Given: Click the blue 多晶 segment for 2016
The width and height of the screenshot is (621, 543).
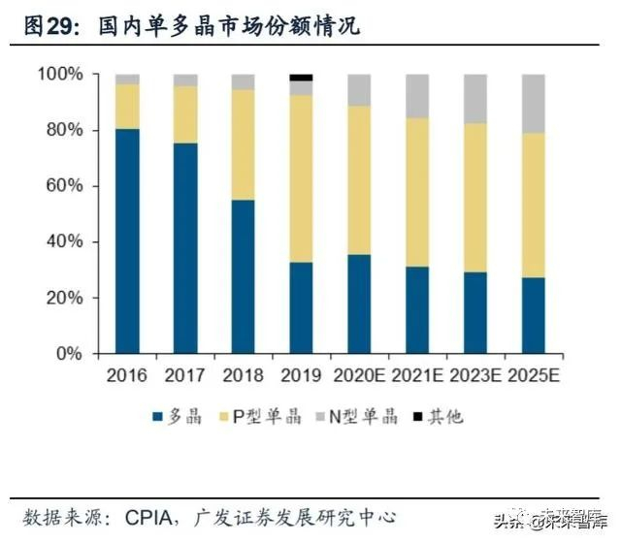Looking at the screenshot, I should tap(127, 240).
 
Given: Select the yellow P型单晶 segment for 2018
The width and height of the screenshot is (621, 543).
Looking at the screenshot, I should tap(244, 145).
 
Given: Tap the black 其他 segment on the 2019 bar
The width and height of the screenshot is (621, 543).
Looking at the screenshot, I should tap(302, 78).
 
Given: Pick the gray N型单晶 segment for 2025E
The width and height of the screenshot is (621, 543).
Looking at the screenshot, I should tap(534, 103).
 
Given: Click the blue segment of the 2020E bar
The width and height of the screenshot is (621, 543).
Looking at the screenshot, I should tap(360, 303).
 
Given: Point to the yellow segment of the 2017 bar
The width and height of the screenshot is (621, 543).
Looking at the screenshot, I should tap(185, 114).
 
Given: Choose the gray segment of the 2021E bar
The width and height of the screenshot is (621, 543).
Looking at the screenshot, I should tap(418, 96).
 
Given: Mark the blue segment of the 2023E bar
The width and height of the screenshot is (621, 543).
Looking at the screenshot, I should tap(475, 312).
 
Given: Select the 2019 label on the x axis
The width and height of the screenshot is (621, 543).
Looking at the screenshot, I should tap(302, 375).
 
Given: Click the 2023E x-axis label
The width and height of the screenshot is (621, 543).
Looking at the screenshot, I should tap(475, 375).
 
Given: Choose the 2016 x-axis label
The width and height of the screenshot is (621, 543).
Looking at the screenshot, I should tap(127, 375).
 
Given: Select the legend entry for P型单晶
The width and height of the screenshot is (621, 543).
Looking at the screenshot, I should tap(262, 417).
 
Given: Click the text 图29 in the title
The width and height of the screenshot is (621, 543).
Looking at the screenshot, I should tap(50, 24).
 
